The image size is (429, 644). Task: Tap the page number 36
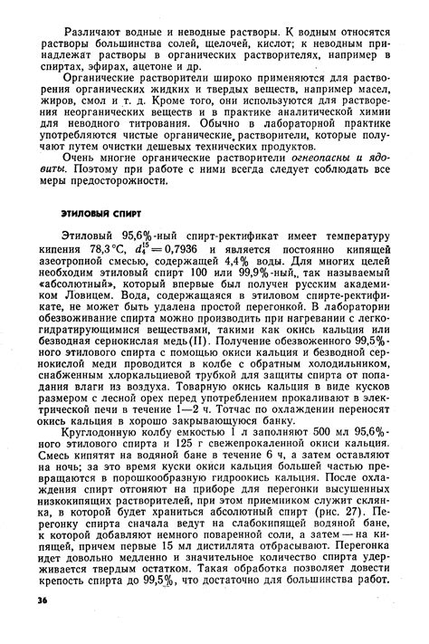point(43,600)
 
